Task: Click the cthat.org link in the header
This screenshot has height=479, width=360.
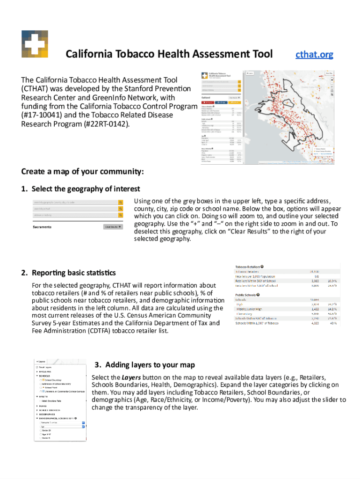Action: point(314,54)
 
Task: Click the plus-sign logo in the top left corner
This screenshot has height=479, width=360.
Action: point(35,44)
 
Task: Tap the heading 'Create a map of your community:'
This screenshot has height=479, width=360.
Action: point(82,171)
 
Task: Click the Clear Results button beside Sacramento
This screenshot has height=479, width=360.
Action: point(113,227)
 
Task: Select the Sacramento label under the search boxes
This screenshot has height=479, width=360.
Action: point(42,227)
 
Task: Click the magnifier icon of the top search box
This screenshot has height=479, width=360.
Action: point(120,202)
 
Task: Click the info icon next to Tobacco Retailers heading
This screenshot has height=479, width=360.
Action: point(263,266)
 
